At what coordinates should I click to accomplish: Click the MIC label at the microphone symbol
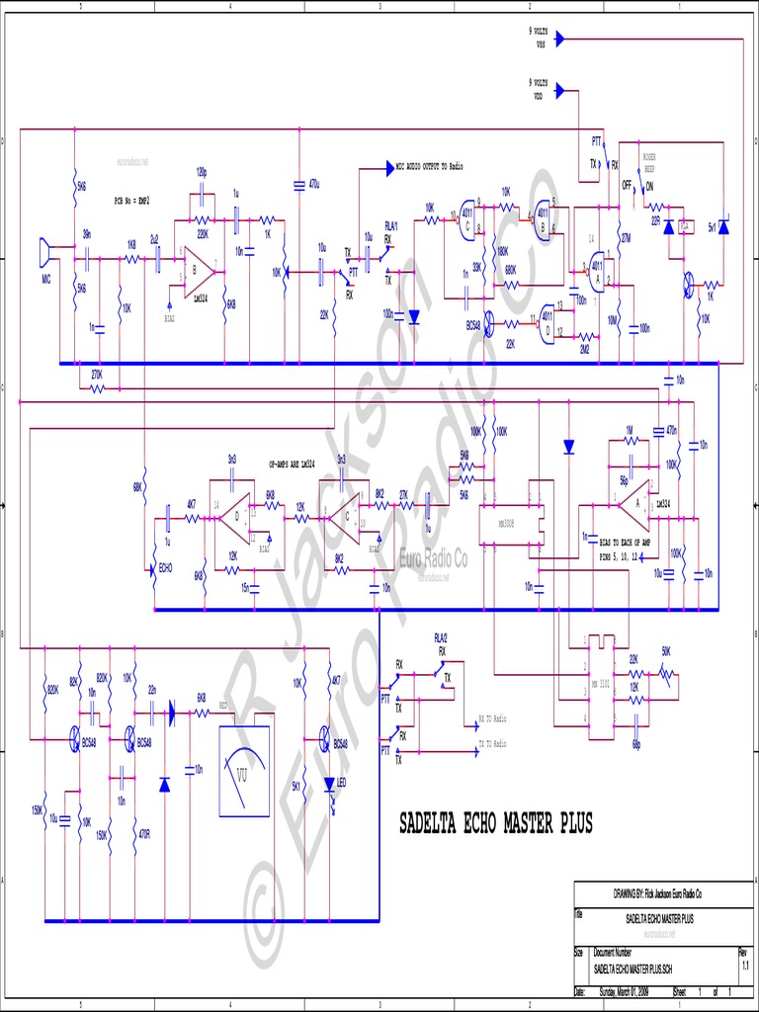click(x=45, y=280)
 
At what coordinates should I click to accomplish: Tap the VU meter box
click(x=242, y=770)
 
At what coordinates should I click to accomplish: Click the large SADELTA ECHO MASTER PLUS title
click(x=495, y=823)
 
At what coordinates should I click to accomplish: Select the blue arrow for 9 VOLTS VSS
click(x=558, y=40)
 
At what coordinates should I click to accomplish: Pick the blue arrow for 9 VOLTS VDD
click(x=558, y=91)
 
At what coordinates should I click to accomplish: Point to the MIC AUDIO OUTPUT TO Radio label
click(x=430, y=166)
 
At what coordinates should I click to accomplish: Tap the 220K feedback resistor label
click(x=203, y=234)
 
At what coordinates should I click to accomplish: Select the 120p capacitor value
click(x=202, y=171)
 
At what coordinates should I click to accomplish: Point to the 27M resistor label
click(x=625, y=238)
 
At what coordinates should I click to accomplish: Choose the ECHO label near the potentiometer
click(x=166, y=569)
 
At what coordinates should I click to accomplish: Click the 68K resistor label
click(x=137, y=486)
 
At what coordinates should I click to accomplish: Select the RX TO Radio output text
click(x=492, y=718)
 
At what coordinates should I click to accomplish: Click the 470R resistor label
click(x=143, y=835)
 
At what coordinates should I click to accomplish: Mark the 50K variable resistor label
click(x=666, y=651)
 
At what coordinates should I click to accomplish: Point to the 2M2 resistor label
click(x=584, y=348)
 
